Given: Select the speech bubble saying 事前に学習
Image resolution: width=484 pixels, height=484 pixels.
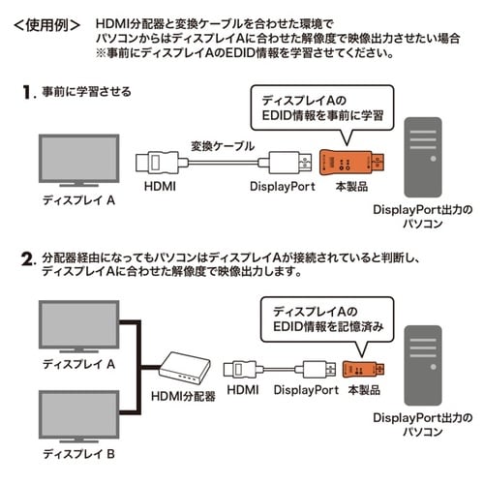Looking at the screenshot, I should point(314,106).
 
